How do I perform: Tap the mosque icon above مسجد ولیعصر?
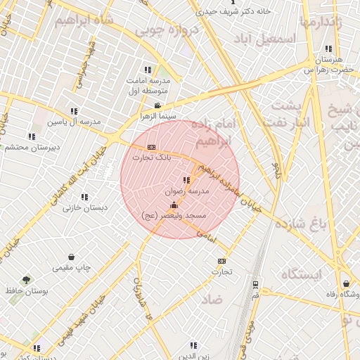click(174, 205)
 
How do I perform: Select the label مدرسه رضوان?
click(187, 191)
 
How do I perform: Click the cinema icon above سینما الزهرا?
click(157, 105)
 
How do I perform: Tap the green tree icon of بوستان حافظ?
click(27, 280)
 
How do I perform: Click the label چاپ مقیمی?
click(71, 268)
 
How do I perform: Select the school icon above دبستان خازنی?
click(85, 198)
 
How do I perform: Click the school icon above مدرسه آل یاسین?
click(75, 111)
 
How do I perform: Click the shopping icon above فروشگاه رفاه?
click(346, 284)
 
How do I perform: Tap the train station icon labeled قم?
click(255, 285)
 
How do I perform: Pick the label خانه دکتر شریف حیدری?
click(243, 11)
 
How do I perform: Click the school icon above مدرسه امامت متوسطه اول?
click(148, 70)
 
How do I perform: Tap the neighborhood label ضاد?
click(212, 299)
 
